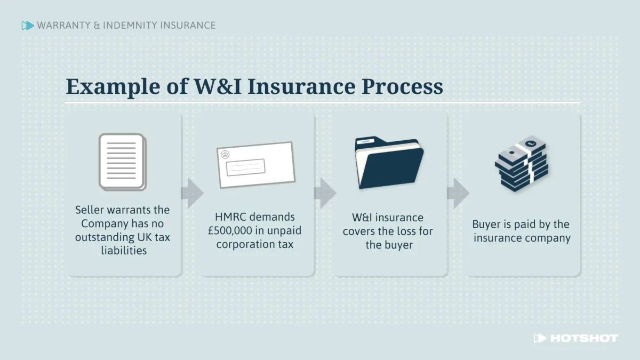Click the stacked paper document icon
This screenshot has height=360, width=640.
coord(122,162)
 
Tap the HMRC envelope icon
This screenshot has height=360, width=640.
coord(256,165)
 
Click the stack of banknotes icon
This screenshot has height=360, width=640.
coord(521,163)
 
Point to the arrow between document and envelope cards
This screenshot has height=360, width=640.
coord(192,193)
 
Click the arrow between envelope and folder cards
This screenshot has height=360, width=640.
coord(324,193)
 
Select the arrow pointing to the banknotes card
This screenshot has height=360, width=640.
coord(458,193)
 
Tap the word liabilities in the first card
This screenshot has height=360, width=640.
coord(123,251)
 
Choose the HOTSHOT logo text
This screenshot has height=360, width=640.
coord(583,338)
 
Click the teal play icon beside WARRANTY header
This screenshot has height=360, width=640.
coord(27,25)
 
